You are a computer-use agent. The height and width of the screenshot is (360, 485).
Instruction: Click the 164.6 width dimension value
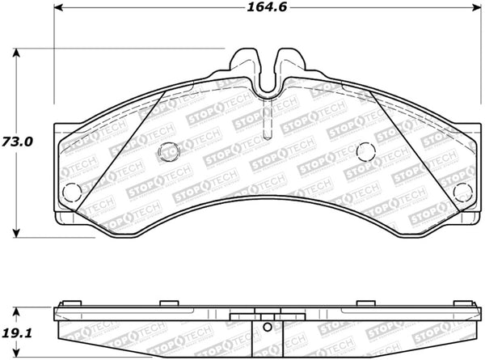(x=267, y=7)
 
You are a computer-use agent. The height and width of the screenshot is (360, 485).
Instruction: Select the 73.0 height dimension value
(x=17, y=142)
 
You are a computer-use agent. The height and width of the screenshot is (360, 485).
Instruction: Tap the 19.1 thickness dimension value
(x=17, y=333)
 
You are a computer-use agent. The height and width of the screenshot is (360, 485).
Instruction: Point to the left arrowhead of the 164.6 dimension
(x=59, y=7)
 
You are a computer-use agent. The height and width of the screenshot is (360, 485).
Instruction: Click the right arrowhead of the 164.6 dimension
(x=477, y=7)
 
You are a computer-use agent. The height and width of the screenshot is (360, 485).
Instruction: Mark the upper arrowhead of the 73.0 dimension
(x=16, y=53)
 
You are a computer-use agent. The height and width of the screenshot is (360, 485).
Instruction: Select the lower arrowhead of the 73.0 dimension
(x=16, y=233)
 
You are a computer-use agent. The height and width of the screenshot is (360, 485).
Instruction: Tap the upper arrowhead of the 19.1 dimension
(x=16, y=311)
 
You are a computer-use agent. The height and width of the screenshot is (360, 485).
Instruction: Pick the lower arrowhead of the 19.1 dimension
(x=16, y=354)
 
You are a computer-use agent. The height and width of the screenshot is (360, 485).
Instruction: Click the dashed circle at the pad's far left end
(x=72, y=192)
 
